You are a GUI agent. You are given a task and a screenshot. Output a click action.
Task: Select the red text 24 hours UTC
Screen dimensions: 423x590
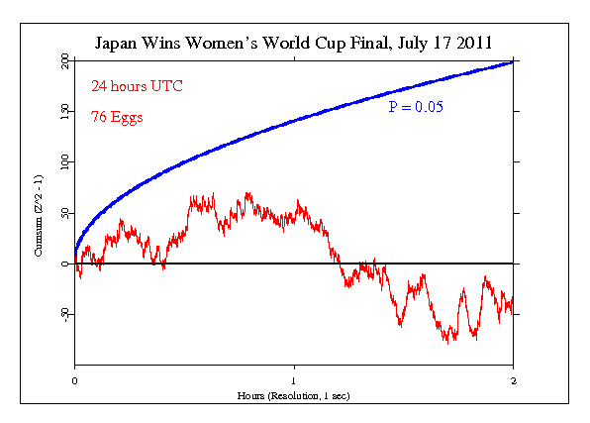(x=137, y=86)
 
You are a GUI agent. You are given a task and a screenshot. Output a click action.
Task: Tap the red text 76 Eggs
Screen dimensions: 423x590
(x=117, y=117)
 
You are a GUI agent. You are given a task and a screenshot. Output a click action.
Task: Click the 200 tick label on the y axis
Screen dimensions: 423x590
(x=64, y=61)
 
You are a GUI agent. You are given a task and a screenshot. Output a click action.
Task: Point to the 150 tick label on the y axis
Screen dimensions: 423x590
(x=64, y=112)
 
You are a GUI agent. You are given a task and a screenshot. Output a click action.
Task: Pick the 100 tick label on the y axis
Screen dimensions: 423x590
(x=64, y=161)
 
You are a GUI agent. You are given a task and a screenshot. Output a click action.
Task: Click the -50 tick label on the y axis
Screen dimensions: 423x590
(x=64, y=314)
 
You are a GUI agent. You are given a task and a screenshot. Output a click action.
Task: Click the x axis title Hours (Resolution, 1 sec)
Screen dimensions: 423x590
(x=294, y=394)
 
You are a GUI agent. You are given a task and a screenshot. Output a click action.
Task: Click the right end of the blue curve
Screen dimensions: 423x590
(x=513, y=62)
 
